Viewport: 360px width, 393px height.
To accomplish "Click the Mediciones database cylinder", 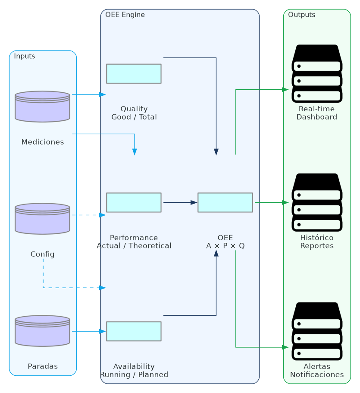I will coord(42,107).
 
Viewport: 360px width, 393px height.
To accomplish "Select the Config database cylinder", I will coord(42,219).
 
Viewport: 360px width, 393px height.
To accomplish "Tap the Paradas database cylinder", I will coord(42,331).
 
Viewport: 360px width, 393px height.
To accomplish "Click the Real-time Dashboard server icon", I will coord(317,73).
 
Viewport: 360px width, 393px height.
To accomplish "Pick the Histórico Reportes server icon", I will coord(317,202).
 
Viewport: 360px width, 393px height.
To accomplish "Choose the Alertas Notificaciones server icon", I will coord(317,331).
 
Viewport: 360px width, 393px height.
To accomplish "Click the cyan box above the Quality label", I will coord(134,74).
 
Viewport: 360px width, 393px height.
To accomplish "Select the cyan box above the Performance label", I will coord(134,202).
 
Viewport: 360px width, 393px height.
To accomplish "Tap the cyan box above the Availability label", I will coord(134,331).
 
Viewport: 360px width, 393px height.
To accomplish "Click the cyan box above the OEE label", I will coord(225,202).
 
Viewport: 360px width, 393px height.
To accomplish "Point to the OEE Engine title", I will coord(125,15).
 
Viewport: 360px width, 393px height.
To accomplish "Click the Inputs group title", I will coord(25,56).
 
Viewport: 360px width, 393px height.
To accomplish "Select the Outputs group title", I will coord(301,15).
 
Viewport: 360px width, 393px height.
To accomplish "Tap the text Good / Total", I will coord(134,117).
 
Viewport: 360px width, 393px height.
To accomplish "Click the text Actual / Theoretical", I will coord(134,246).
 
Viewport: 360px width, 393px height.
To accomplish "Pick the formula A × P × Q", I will coord(225,246).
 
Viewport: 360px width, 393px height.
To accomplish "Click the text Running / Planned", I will coord(134,374).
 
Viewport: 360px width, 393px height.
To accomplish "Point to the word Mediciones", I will coord(43,142).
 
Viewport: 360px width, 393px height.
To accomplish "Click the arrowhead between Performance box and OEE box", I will coord(194,202).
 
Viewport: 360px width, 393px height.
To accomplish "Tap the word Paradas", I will coord(43,366).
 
